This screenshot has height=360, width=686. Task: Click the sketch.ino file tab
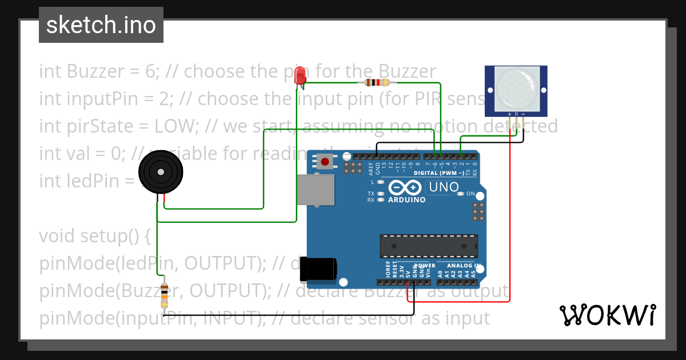(101, 25)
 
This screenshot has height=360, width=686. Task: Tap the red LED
(299, 76)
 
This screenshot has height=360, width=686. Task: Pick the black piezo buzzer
(162, 173)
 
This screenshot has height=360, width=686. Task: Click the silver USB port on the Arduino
(314, 190)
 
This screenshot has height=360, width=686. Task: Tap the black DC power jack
(320, 268)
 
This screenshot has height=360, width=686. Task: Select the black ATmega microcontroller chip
(429, 246)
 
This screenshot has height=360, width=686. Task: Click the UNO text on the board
(444, 187)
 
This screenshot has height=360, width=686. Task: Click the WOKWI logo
(607, 315)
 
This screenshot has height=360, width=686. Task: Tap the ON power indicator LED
(461, 194)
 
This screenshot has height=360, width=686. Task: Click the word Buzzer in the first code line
(95, 71)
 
